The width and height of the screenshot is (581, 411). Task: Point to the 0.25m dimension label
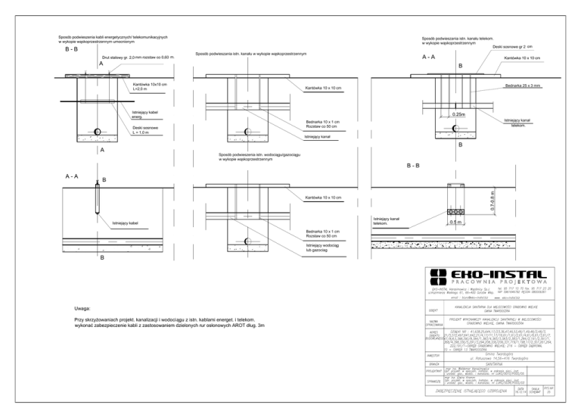pos(458,114)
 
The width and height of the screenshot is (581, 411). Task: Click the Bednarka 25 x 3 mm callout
pos(527,86)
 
